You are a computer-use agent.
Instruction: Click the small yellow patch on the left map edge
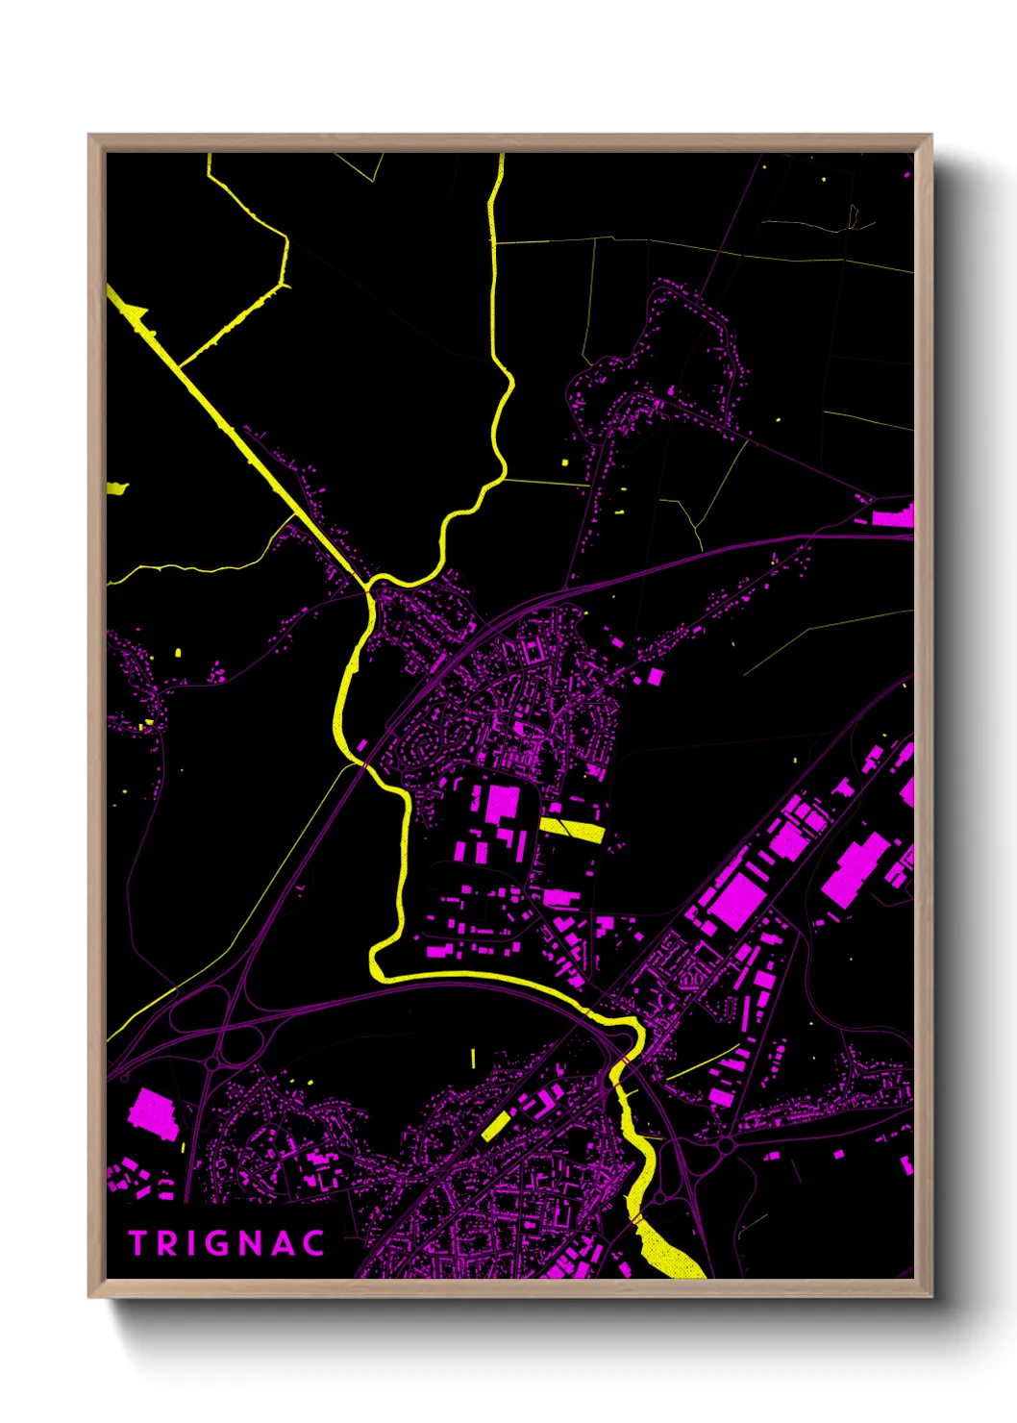[116, 488]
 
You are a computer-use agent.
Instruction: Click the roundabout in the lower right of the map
[726, 1144]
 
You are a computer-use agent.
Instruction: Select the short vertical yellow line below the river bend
[473, 1058]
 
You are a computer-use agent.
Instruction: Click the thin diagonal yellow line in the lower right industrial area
[702, 1061]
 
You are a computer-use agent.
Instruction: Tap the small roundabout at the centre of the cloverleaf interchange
[213, 1063]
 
